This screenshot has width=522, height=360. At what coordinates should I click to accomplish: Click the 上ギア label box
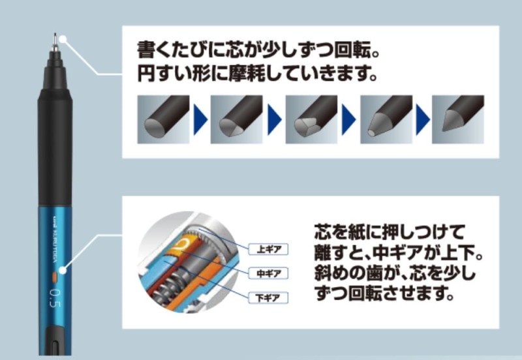click(268, 249)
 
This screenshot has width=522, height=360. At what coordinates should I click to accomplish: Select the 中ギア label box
click(268, 273)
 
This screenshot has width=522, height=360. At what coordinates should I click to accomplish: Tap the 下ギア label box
click(268, 298)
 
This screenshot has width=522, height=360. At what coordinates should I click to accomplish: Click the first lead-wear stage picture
click(163, 119)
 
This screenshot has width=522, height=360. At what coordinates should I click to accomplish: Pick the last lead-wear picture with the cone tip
click(458, 119)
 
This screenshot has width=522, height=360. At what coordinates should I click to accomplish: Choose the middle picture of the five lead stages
click(311, 119)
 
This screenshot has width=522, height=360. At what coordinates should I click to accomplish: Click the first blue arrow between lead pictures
click(200, 119)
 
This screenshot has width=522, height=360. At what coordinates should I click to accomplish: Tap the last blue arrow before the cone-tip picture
click(422, 119)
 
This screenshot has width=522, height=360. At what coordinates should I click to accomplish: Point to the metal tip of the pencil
click(55, 42)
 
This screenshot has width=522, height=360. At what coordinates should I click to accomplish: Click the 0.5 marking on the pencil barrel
click(55, 299)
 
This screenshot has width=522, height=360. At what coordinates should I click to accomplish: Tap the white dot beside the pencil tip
click(63, 40)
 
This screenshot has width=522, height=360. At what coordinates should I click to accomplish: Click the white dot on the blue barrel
click(63, 270)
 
